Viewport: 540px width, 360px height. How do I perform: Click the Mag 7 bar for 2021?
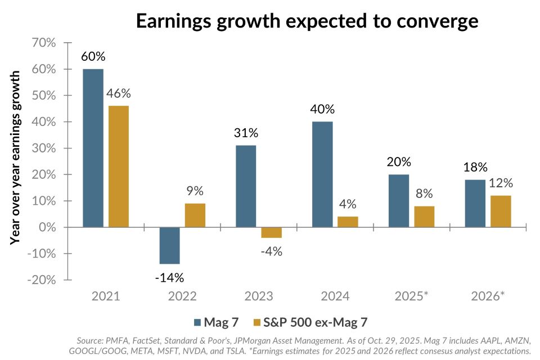point(93,148)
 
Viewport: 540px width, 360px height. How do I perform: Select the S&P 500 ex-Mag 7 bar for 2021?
point(118,166)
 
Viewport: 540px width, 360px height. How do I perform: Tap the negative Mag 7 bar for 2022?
point(169,245)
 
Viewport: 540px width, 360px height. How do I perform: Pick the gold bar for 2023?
point(271,232)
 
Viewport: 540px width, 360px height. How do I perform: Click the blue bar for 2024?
point(322,174)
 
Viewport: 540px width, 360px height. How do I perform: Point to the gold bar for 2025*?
point(424,217)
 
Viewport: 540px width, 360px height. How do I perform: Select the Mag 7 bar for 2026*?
point(475,204)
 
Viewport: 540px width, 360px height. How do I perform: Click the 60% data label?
point(93,57)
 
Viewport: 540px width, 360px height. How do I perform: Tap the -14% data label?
point(169,277)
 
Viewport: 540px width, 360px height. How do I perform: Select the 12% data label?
point(501,183)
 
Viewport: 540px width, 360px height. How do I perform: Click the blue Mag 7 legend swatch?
point(197,322)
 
